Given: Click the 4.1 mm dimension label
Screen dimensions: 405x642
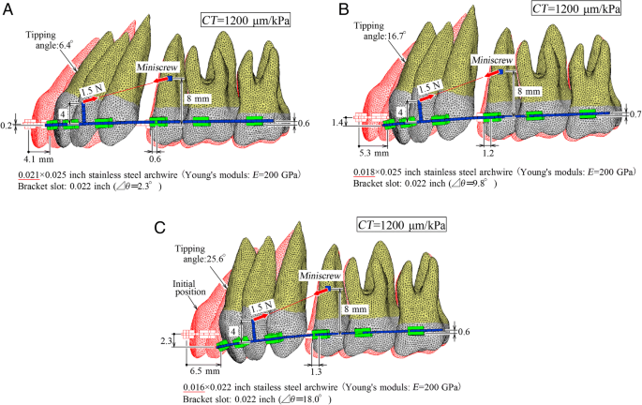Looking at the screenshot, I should tap(39, 147).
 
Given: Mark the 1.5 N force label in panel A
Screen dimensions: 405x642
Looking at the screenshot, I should tap(93, 91).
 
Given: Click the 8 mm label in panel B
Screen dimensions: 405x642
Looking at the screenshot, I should tap(528, 92).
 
